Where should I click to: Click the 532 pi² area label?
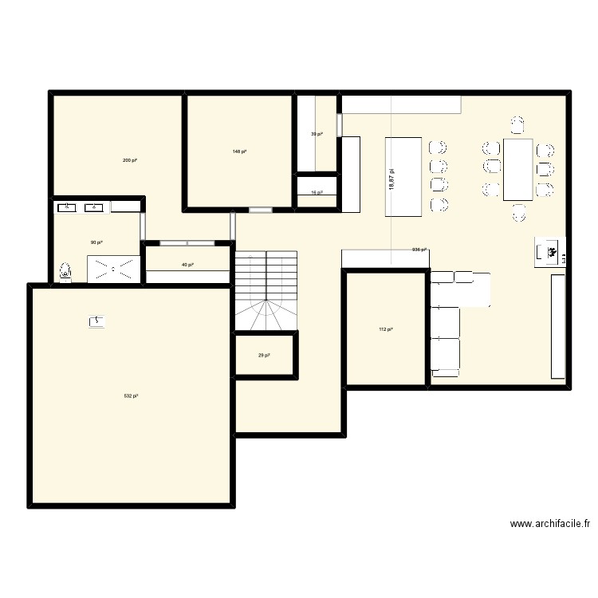pyautogui.click(x=132, y=396)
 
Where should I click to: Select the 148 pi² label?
pyautogui.click(x=239, y=151)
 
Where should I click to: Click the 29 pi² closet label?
pyautogui.click(x=264, y=356)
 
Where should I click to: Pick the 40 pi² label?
pyautogui.click(x=187, y=265)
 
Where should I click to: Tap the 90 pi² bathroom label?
pyautogui.click(x=96, y=242)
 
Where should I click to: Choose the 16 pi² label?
pyautogui.click(x=317, y=193)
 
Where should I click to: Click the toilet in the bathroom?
pyautogui.click(x=65, y=272)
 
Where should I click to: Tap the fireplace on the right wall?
pyautogui.click(x=550, y=251)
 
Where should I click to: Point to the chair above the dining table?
pyautogui.click(x=518, y=124)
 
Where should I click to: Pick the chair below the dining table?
pyautogui.click(x=518, y=212)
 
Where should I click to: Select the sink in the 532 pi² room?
pyautogui.click(x=97, y=321)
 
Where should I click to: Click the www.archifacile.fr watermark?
pyautogui.click(x=551, y=524)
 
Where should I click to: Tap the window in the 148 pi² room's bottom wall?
pyautogui.click(x=260, y=210)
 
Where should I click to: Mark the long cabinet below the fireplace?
pyautogui.click(x=558, y=327)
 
